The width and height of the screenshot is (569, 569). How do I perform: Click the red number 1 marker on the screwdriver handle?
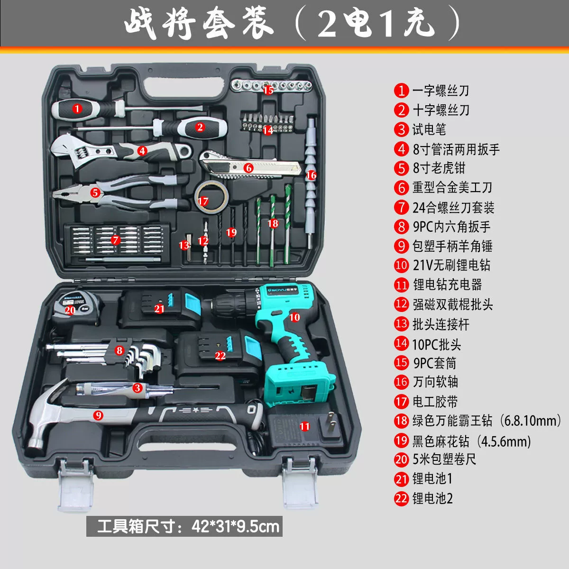tap(77, 109)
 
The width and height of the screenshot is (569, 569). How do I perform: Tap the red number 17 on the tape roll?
tap(203, 201)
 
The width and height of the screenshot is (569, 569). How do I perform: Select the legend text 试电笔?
tap(429, 129)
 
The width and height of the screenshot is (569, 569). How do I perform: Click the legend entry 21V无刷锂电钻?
tap(451, 265)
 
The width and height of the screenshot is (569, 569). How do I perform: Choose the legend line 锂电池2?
tap(432, 498)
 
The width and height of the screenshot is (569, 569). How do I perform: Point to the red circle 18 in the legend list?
tap(401, 421)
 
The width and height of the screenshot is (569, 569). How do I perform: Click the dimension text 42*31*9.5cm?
tap(235, 527)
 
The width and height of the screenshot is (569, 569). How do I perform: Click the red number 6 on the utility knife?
tap(248, 168)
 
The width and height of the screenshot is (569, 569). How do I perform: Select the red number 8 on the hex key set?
tap(119, 350)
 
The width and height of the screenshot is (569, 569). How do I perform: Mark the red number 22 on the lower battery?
tap(220, 356)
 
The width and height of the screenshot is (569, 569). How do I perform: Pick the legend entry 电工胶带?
tap(435, 401)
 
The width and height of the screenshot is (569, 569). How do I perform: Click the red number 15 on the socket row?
tap(268, 90)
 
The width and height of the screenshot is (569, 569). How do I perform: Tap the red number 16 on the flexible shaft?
tap(311, 175)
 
